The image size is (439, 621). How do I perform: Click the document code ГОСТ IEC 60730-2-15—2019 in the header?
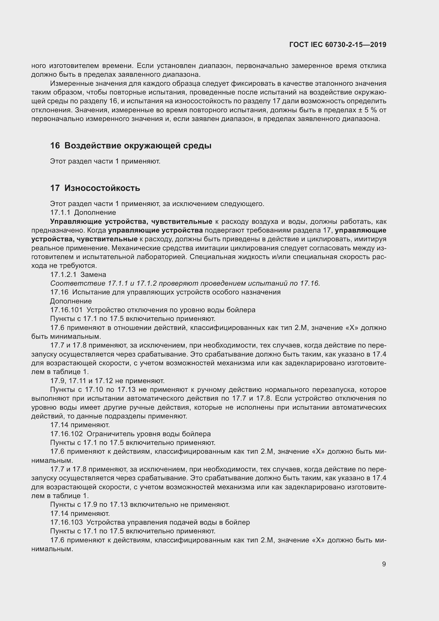click(x=338, y=45)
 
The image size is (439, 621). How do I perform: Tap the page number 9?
click(x=384, y=564)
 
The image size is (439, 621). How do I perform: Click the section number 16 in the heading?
click(x=55, y=146)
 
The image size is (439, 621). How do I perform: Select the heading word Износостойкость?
click(x=102, y=188)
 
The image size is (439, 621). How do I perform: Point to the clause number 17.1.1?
click(x=60, y=213)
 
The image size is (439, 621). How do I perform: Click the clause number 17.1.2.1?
click(x=63, y=275)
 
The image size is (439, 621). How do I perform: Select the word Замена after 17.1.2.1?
click(x=93, y=275)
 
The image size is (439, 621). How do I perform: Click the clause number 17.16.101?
click(x=66, y=310)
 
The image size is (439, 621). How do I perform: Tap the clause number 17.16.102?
click(x=66, y=434)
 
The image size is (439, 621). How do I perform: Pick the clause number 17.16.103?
click(x=66, y=522)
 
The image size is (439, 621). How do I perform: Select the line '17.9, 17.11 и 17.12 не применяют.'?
click(x=107, y=381)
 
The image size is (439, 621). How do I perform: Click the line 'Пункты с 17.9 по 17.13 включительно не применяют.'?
click(x=140, y=505)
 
